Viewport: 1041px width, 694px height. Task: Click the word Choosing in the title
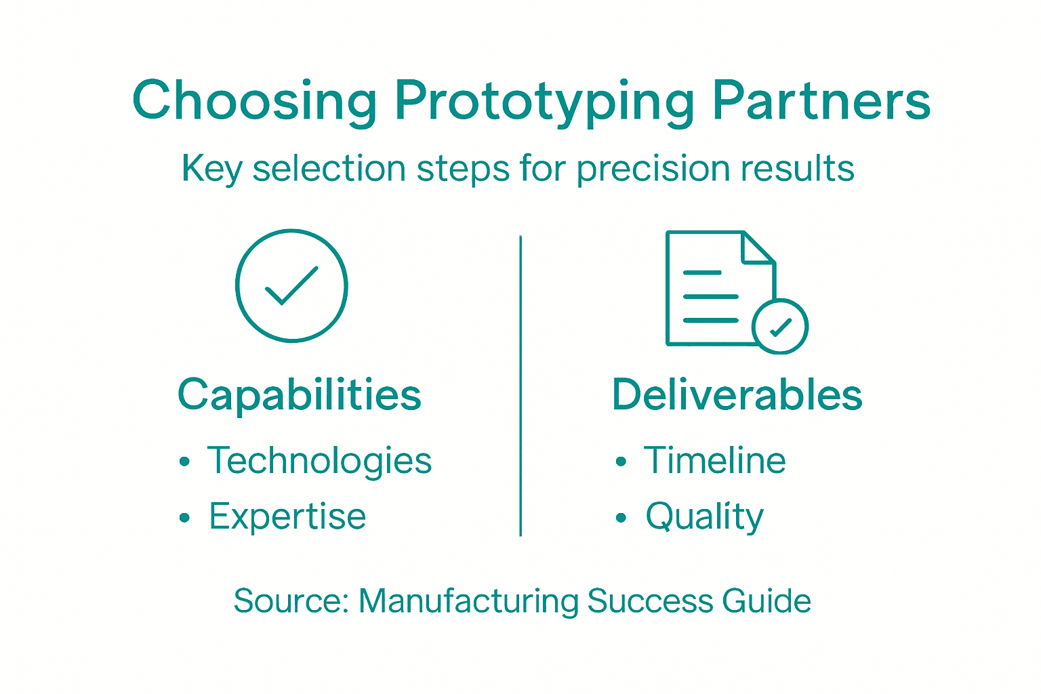coord(254,102)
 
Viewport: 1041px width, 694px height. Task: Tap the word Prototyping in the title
coord(544,102)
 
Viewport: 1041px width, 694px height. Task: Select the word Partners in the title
coord(821,102)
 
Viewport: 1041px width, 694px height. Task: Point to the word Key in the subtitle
coord(211,169)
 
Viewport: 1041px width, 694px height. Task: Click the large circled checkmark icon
coord(291,285)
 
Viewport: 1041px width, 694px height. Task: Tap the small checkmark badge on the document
coord(780,327)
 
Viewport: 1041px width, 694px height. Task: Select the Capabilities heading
coord(300,395)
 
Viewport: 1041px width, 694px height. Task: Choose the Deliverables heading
coord(737,395)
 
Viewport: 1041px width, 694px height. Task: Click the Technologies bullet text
coord(319,462)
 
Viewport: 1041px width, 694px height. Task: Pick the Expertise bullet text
coord(287,517)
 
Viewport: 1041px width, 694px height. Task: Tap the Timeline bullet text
coord(715,462)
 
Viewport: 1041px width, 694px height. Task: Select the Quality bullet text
coord(705,517)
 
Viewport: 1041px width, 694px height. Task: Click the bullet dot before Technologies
coord(184,463)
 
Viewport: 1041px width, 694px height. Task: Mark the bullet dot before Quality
coord(621,518)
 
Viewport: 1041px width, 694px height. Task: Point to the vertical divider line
coord(520,386)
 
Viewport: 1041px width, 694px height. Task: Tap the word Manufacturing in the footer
coord(468,601)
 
